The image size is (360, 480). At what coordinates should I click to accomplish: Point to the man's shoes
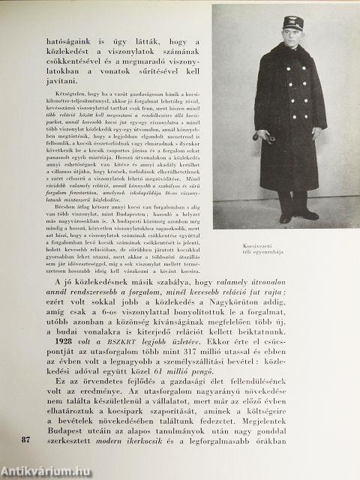click(296, 217)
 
